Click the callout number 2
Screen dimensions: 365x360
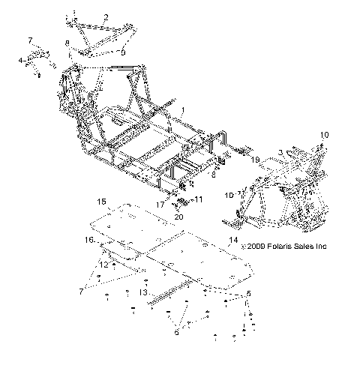coord(106,16)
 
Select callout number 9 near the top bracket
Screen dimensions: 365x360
coord(123,53)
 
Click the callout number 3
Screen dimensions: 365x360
coord(280,152)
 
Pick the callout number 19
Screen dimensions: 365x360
coord(256,160)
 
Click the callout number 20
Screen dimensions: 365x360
coord(178,217)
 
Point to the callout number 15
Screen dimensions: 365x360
coord(101,202)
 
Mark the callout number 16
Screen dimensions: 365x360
coord(88,240)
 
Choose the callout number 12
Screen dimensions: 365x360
coord(104,265)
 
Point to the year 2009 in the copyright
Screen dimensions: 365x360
coord(253,246)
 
